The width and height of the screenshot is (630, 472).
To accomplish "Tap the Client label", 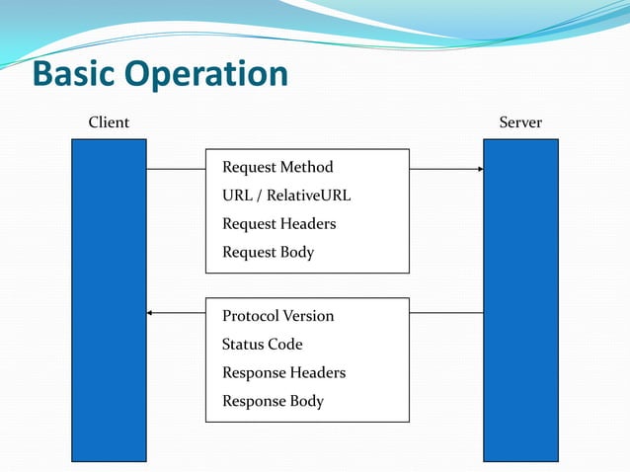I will point(109,123).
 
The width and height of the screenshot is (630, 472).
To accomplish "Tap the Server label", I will point(520,123).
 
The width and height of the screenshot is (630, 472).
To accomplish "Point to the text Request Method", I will point(277,167).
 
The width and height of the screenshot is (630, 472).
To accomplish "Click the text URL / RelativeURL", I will point(286,196).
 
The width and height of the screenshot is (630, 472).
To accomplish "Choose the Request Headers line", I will point(278,224).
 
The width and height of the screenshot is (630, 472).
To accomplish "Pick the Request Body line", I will point(268,253).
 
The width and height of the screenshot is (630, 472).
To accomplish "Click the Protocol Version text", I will point(277,316).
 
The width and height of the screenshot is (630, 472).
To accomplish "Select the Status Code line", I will point(262,345).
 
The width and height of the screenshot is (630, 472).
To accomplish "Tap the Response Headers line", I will point(283,373).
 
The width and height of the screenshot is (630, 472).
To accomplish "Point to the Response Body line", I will point(273,402).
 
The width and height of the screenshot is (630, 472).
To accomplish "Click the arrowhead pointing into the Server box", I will point(480,169).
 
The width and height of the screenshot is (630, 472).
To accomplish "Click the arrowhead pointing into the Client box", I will point(150,313).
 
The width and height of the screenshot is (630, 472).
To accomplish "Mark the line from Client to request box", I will point(176,169).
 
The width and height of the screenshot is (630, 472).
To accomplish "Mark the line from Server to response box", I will point(446,313).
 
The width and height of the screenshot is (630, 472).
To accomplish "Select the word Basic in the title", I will point(71,75).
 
